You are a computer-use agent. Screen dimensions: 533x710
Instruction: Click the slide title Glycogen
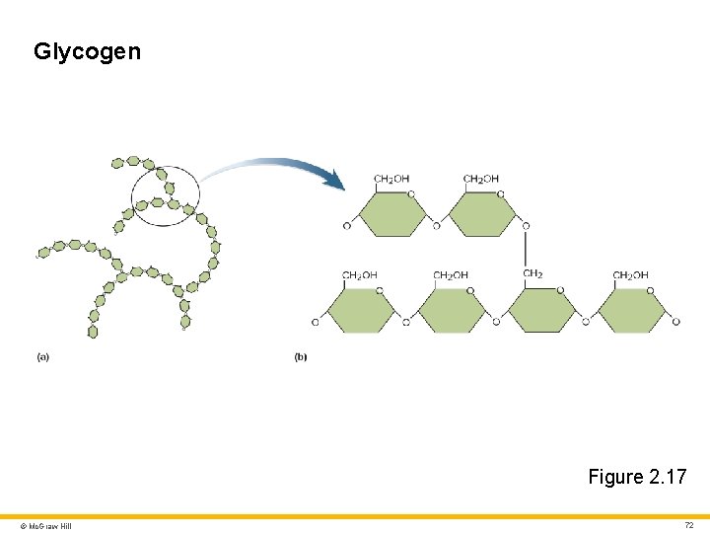click(x=87, y=51)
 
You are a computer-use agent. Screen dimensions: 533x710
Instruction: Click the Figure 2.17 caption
click(x=637, y=477)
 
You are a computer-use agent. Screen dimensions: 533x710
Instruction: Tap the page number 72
click(x=689, y=525)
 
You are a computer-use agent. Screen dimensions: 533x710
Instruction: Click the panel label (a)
click(x=42, y=356)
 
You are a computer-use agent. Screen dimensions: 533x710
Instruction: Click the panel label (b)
click(x=300, y=356)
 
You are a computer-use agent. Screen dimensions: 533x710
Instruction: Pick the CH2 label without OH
click(x=532, y=274)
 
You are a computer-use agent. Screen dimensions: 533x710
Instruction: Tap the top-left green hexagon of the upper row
click(x=391, y=214)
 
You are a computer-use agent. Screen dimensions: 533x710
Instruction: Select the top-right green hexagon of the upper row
click(x=481, y=214)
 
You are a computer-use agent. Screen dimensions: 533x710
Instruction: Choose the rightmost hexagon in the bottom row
click(x=631, y=311)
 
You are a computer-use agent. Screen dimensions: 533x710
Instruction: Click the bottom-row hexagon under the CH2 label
click(x=540, y=311)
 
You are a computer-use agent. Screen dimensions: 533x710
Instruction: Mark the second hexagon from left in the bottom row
click(x=451, y=311)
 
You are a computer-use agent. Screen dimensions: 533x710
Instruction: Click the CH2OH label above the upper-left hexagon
click(x=391, y=179)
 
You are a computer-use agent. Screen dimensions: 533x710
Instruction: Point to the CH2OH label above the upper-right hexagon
click(x=481, y=179)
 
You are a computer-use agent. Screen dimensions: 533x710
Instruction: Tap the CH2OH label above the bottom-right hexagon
click(x=630, y=274)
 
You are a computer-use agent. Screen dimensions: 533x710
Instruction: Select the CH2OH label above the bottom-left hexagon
click(x=360, y=274)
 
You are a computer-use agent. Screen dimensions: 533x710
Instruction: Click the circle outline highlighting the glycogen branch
click(x=199, y=192)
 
